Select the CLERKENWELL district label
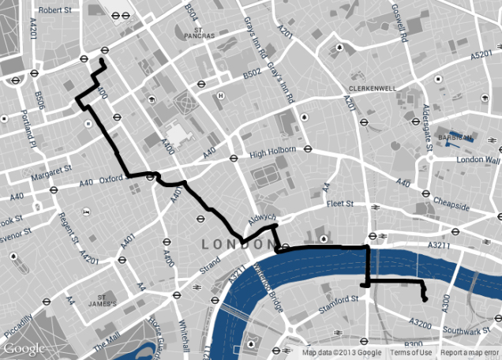pyautogui.click(x=372, y=88)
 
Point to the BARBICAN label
pyautogui.click(x=456, y=137)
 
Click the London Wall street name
pyautogui.click(x=479, y=159)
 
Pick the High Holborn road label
pyautogui.click(x=272, y=150)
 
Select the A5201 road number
pyautogui.click(x=481, y=55)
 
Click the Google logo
pyautogui.click(x=24, y=348)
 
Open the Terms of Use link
pyautogui.click(x=411, y=353)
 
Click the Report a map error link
pyautogui.click(x=470, y=353)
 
